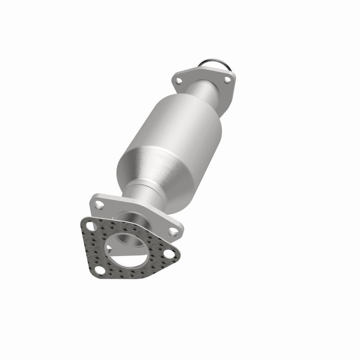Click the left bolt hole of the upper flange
[x=179, y=81]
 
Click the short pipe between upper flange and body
[x=205, y=92]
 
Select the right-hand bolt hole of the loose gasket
[x=169, y=253]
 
